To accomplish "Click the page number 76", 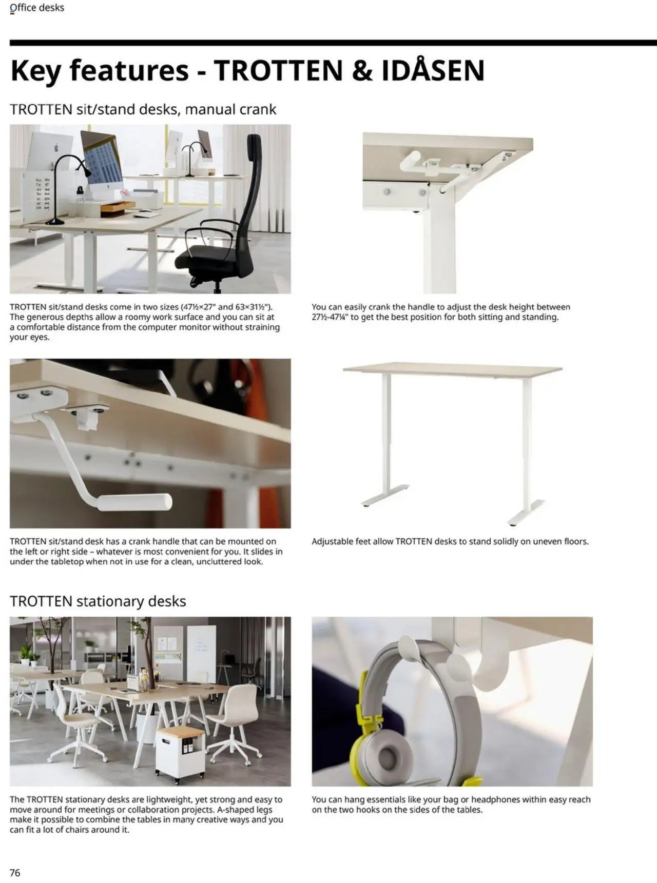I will coord(15,873).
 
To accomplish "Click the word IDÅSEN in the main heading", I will coord(433,70).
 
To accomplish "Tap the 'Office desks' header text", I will coord(37,8).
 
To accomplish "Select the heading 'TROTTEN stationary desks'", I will coord(98,601).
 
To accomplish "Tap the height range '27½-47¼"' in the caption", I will coord(330,317).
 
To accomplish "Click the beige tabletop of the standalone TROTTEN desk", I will coord(452,368).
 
